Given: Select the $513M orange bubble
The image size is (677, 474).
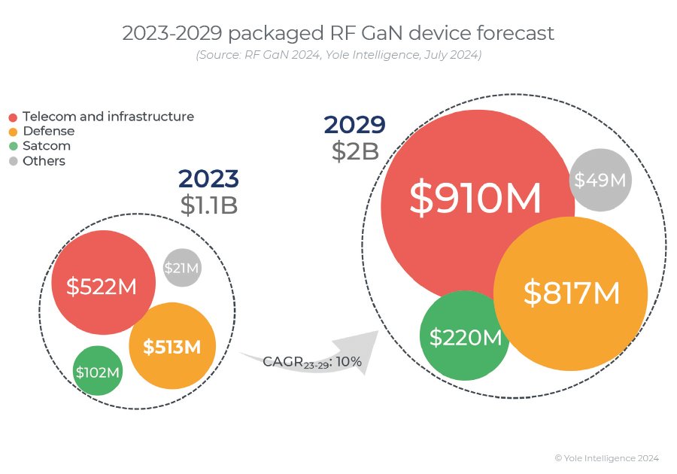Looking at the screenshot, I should pos(172,346).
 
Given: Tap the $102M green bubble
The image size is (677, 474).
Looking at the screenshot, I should pos(98,371).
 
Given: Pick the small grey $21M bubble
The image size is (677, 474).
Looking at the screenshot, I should pos(183,267).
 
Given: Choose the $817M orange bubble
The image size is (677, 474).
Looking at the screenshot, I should pos(571,293).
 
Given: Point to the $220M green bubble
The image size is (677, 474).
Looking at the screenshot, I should pos(464,337).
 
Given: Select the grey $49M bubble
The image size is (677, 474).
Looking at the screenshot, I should pos(600,180).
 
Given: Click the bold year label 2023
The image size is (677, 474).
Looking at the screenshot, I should pos(208,178).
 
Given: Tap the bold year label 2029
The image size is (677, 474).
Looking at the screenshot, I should pos(354,125).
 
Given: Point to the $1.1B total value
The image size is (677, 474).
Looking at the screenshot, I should pos(208,204).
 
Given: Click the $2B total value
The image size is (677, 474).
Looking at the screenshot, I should pos(354,150).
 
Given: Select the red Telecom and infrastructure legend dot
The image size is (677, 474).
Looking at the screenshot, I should pos(13,117).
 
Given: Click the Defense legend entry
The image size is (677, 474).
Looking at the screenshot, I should pos(48,132).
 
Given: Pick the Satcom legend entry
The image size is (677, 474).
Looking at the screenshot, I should pos(47,146).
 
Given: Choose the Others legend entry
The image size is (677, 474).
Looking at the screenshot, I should pos(44,161).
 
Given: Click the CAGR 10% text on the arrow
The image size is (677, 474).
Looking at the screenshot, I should pos(312,362).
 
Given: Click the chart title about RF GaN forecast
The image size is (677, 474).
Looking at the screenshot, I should pos(338,33).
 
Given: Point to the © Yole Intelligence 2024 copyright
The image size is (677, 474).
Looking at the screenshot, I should pos(606,457).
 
